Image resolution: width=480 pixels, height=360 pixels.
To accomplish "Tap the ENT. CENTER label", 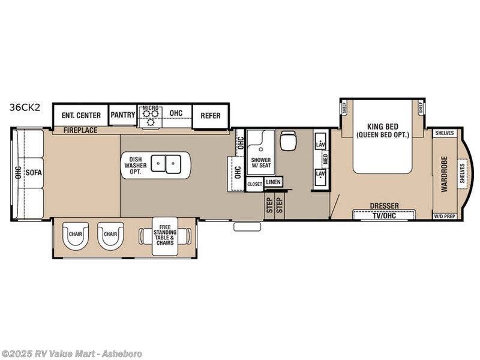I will coord(80,115).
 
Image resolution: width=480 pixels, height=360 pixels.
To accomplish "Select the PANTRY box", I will coord(122,115).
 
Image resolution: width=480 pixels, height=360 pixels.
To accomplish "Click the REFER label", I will coord(210,116).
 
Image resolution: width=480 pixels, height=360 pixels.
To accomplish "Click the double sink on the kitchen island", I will coord(166,163).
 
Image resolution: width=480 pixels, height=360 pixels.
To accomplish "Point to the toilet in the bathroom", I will coord(288,141).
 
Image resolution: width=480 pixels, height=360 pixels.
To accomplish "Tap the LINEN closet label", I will coord(273,181).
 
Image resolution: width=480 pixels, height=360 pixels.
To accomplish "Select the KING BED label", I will coord(382,131).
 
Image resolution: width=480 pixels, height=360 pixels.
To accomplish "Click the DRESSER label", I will coord(384,206).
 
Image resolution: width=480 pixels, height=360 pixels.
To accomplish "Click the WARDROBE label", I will coord(445,174).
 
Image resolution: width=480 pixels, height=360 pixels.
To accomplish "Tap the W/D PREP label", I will coord(445,216).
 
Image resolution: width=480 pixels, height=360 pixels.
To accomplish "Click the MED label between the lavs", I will coord(326,160).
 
